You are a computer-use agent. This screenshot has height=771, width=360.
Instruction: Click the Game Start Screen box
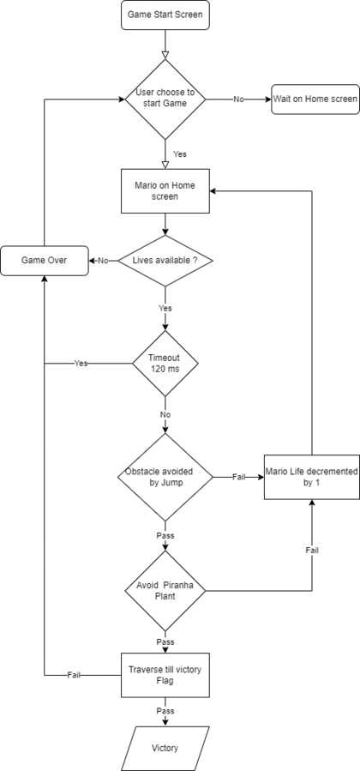pos(165,15)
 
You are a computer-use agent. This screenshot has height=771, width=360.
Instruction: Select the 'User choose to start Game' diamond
pos(165,99)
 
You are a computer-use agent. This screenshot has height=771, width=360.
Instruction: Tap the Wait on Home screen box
pos(315,99)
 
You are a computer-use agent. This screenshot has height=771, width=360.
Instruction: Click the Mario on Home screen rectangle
pos(165,190)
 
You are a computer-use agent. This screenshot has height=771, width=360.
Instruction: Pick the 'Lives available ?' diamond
pos(165,261)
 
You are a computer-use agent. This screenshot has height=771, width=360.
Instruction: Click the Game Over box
pos(45,261)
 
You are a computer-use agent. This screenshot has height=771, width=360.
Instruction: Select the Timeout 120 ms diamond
pos(165,364)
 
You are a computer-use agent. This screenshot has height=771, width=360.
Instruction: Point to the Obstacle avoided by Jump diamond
pos(165,477)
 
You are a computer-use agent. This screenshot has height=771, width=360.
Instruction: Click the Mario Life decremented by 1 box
pos(312,477)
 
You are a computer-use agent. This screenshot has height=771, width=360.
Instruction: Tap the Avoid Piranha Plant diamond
pos(165,591)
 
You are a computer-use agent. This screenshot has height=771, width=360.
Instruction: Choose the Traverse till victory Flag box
pos(165,675)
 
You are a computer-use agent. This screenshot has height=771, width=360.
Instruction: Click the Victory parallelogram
pos(165,748)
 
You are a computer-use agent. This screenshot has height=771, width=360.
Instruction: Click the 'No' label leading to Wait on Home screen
pos(238,99)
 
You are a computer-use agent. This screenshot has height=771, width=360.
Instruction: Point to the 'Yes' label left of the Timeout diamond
pos(81,364)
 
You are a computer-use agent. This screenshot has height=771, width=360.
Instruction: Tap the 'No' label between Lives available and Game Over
pos(103,261)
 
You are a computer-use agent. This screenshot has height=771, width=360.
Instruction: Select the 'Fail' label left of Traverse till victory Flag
pos(74,675)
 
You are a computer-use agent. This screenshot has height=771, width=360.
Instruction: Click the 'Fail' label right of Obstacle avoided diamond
pos(238,477)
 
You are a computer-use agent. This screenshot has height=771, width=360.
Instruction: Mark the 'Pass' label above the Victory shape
pos(165,711)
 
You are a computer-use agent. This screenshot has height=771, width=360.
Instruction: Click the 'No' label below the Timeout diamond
pos(165,414)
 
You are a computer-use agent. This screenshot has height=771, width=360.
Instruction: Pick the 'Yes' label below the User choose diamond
pos(180,154)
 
